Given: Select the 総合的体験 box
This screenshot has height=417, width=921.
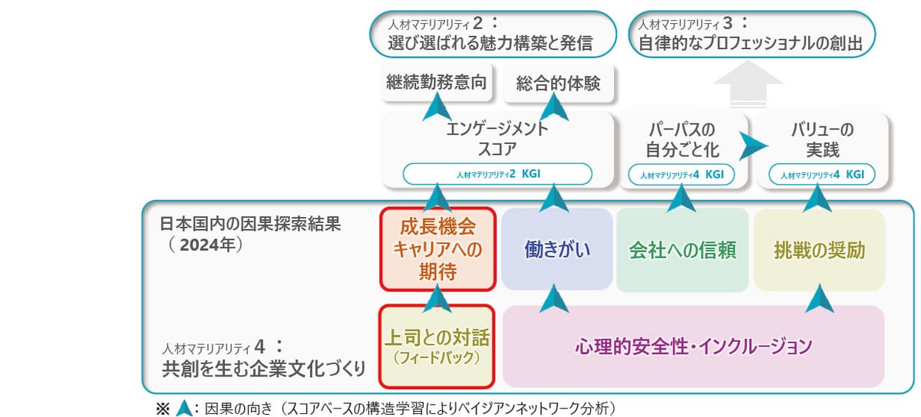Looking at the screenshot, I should point(559,84).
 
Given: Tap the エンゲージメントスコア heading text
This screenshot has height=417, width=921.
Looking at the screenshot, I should point(497,139).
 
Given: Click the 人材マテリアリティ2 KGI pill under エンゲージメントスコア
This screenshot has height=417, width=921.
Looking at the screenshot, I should point(497,173).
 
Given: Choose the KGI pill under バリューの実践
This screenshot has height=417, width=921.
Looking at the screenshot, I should point(822,175).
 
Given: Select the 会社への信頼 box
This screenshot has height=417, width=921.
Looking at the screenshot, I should point(682,250).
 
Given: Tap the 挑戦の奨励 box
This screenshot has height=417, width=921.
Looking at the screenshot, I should point(819,250).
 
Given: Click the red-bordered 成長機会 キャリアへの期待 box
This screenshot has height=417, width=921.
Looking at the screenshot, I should point(437,250).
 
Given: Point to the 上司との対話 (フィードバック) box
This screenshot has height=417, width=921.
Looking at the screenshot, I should point(437,346).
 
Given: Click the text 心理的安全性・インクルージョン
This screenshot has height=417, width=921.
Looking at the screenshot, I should point(693,346).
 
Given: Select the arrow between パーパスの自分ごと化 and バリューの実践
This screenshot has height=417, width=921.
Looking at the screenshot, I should point(750,143).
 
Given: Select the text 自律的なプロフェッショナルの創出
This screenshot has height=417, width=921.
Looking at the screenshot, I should point(750,44).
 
